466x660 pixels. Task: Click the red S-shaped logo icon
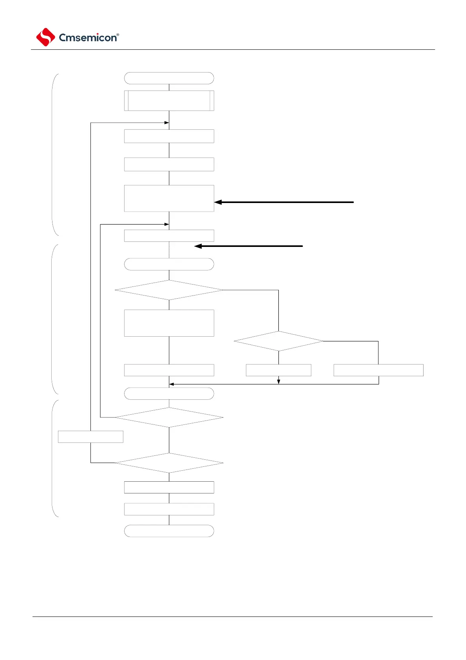coord(45,37)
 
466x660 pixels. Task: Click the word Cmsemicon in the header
coord(87,38)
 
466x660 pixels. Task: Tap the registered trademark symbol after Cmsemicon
coord(118,34)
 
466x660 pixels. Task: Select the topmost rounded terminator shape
coord(169,78)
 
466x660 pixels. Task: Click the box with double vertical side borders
coord(169,101)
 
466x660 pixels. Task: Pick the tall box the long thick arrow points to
coord(169,198)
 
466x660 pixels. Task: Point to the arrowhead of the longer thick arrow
coord(218,202)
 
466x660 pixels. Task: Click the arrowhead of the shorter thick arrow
coord(198,246)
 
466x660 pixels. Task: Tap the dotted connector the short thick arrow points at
coord(169,250)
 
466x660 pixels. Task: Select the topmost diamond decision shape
coord(169,290)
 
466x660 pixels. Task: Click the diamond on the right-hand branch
coord(278,341)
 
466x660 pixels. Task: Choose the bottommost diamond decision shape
coord(169,463)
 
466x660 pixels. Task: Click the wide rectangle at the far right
coord(378,370)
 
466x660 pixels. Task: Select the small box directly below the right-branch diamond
coord(278,370)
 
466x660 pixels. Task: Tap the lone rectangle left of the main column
coord(90,437)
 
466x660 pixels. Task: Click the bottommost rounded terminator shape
coord(169,531)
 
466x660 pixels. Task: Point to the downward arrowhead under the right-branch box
coord(278,381)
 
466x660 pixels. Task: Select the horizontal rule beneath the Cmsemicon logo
coord(233,50)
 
